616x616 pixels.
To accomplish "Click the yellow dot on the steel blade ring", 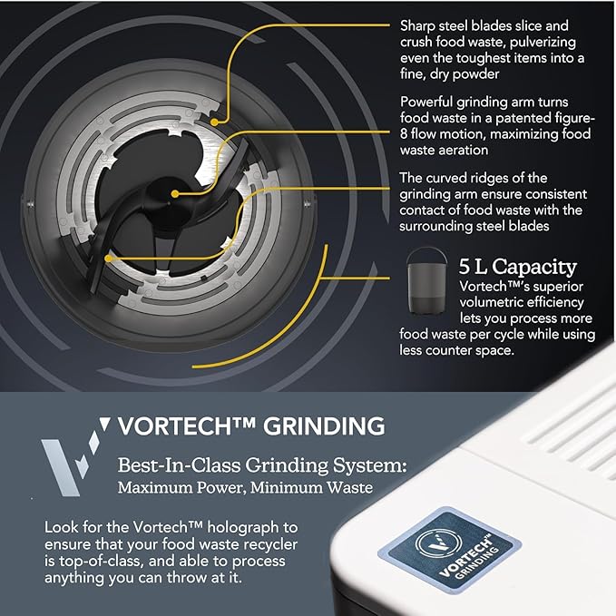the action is (214, 122).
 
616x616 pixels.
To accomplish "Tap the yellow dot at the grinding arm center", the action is (175, 193).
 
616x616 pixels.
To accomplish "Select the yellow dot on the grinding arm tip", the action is (109, 259).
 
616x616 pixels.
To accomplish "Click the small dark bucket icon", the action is (426, 280).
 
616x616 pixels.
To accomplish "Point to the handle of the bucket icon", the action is (426, 251).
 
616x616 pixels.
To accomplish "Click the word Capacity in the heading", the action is (534, 268).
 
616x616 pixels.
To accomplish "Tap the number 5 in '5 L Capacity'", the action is (464, 267).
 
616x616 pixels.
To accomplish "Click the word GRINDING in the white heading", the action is (324, 425).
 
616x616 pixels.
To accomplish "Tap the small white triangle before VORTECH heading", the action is (105, 424).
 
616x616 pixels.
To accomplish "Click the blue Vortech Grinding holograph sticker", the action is (450, 549).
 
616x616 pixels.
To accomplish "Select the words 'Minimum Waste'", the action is (311, 487).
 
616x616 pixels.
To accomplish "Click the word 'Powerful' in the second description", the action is (426, 103).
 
